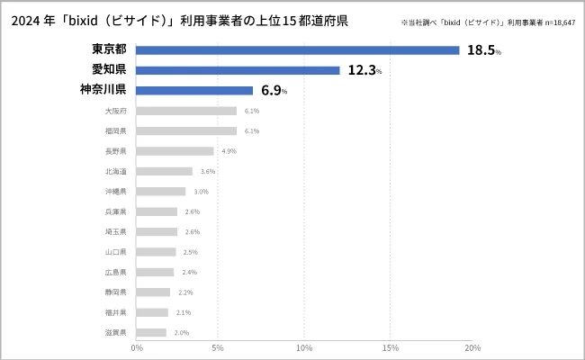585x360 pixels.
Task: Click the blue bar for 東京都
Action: coord(298,50)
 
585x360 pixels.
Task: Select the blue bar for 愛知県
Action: coord(238,70)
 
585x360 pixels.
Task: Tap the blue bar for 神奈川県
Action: coord(194,90)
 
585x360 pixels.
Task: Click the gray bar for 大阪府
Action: coord(186,111)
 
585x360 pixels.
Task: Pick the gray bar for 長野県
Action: coord(175,151)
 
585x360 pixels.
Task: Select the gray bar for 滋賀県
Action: coord(152,333)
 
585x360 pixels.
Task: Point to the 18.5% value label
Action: coord(483,50)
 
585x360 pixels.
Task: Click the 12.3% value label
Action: coord(364,70)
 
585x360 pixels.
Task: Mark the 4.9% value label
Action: coord(229,151)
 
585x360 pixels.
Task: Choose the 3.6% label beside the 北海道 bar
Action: coord(208,171)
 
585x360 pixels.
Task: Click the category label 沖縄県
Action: coord(115,192)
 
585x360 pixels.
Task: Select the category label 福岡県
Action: coord(115,130)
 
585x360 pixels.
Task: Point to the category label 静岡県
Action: coord(115,292)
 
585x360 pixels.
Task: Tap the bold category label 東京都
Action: coord(109,49)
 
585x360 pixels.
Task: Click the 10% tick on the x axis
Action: coord(305,347)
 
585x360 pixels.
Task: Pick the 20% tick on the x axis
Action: coord(472,347)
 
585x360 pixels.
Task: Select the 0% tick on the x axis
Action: coord(137,347)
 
